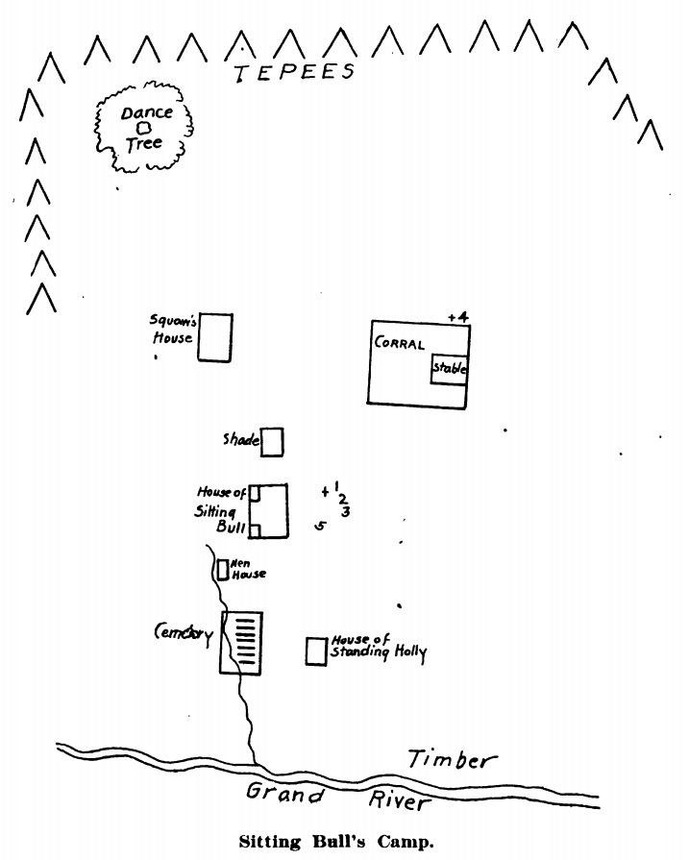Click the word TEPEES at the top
point(295,73)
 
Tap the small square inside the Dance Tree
point(143,128)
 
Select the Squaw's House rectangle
point(214,337)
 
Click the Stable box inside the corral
point(449,369)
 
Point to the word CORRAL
point(400,344)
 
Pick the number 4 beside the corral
point(462,317)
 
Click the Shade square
point(272,442)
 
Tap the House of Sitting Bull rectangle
point(270,511)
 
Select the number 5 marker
point(321,527)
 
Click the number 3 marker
point(345,512)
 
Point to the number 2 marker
point(342,498)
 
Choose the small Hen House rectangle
point(222,570)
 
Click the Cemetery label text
point(184,632)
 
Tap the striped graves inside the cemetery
point(247,640)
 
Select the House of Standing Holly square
point(315,651)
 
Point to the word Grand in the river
point(285,794)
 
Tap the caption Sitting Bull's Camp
point(336,841)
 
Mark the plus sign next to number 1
point(326,492)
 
